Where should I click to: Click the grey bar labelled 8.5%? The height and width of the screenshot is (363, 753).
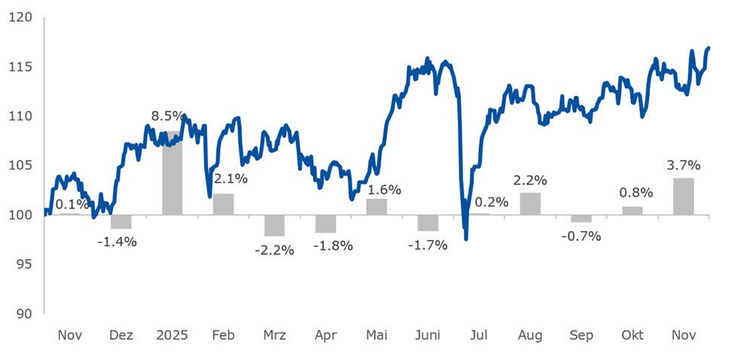tap(172, 173)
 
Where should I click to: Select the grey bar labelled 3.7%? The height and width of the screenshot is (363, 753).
tap(683, 197)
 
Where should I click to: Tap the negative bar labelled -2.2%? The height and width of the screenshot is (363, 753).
tap(274, 225)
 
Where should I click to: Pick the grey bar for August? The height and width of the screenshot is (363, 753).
tap(530, 203)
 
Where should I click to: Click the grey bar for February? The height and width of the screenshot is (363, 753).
tap(223, 204)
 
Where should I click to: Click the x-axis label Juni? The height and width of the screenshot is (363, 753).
tap(428, 335)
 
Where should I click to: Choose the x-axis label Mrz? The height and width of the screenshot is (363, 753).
tap(274, 335)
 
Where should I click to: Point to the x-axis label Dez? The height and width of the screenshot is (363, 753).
tap(120, 335)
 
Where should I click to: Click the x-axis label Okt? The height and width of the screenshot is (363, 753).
tap(632, 335)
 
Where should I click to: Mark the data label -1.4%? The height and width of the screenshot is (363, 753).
tap(118, 242)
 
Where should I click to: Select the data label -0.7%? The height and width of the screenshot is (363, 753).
tap(581, 236)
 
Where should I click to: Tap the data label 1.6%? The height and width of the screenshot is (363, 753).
tap(383, 190)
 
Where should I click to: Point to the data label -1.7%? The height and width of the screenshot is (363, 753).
tap(428, 245)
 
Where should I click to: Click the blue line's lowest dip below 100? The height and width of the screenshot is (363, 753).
tap(465, 239)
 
